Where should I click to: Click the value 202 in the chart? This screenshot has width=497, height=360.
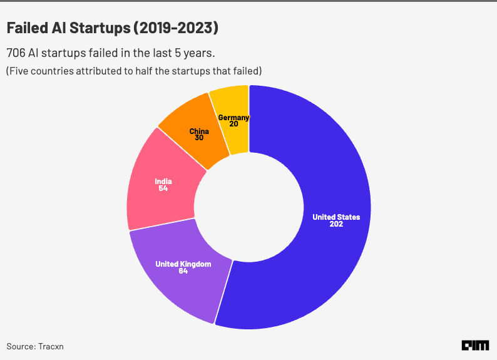(x=336, y=224)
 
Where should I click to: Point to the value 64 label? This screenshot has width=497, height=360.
(x=183, y=272)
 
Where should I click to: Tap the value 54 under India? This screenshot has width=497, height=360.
(x=163, y=188)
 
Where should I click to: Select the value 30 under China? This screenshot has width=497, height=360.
(x=199, y=138)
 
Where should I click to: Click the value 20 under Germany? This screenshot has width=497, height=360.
(x=233, y=124)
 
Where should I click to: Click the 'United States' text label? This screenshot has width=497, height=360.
(x=336, y=217)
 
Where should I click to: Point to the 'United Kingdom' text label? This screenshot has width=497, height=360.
(x=183, y=264)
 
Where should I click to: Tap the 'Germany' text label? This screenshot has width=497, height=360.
(x=233, y=117)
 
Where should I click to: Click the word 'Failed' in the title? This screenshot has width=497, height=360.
(x=27, y=28)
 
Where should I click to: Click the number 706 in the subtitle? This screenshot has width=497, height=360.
(x=16, y=53)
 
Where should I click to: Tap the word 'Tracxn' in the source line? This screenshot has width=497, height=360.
(x=51, y=346)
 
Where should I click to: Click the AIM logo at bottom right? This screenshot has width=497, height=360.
(x=475, y=345)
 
